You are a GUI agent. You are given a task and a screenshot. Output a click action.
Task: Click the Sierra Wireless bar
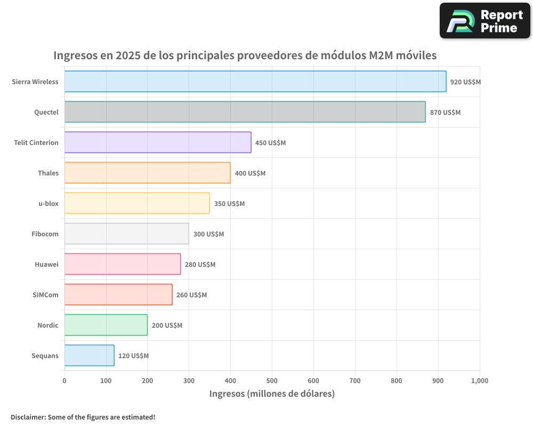[255, 82]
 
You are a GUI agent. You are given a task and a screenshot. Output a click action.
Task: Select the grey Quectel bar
[245, 112]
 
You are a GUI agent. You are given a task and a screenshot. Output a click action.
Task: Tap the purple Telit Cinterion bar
[158, 143]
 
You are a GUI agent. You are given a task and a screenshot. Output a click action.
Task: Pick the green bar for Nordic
[106, 325]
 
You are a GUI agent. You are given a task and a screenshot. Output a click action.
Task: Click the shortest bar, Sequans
[89, 355]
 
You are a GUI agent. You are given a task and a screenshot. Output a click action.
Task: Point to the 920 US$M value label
[465, 82]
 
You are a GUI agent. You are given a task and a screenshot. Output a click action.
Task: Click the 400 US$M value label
[250, 173]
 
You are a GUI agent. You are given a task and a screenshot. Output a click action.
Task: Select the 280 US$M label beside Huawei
[200, 265]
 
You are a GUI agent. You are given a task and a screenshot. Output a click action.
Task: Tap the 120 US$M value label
[133, 356]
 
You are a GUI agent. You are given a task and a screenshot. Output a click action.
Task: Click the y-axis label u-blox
[49, 203]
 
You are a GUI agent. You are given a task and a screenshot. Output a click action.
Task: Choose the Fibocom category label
[45, 234]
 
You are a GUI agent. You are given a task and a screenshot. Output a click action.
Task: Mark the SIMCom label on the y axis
[45, 295]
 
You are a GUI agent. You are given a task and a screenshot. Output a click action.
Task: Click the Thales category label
[48, 173]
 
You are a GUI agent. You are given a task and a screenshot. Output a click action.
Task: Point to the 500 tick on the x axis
[272, 381]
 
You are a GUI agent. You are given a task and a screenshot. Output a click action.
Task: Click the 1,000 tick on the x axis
[479, 381]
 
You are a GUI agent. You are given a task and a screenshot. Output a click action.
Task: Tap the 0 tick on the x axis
[64, 381]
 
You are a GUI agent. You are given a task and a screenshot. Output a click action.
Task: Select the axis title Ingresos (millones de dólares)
[272, 394]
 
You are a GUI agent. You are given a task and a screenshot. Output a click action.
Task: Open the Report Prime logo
[484, 21]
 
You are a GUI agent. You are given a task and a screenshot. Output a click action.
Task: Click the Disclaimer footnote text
[83, 417]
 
